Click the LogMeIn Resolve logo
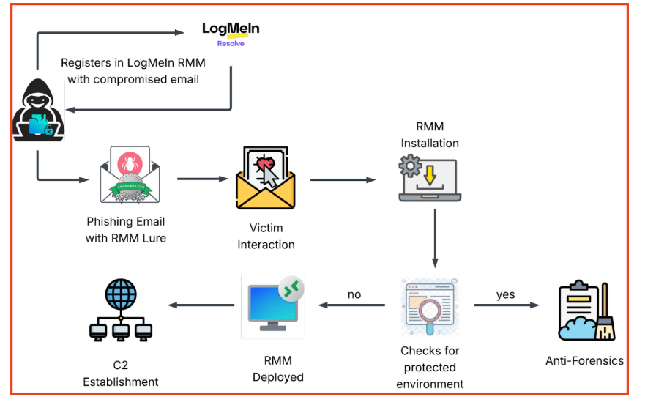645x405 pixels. [x=231, y=33]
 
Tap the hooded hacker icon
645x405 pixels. [x=39, y=111]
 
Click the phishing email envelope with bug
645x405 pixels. [x=129, y=177]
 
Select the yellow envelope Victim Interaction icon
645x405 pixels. [x=266, y=179]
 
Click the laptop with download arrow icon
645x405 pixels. [x=430, y=180]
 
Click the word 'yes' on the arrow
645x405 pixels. [x=505, y=294]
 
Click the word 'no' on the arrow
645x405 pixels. [x=354, y=294]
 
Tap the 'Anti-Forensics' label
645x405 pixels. [x=584, y=360]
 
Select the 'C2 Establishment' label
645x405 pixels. [x=121, y=374]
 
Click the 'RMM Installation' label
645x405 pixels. [x=430, y=135]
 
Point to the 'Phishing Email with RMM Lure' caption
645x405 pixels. [x=125, y=229]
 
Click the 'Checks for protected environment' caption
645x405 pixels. [x=430, y=367]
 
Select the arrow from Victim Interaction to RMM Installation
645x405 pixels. [x=343, y=179]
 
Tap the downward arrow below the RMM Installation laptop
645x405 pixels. [x=435, y=239]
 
